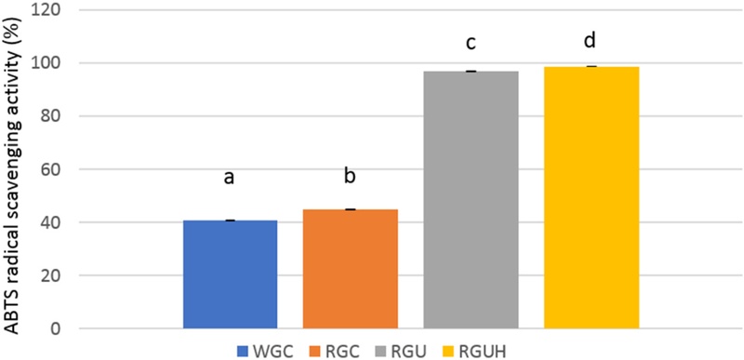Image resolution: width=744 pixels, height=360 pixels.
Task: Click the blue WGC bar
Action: (231, 274)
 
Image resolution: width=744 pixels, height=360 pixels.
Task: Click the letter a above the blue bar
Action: (231, 177)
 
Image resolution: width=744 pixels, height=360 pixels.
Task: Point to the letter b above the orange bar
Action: (351, 174)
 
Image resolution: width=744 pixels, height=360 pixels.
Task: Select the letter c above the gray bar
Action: (471, 44)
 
